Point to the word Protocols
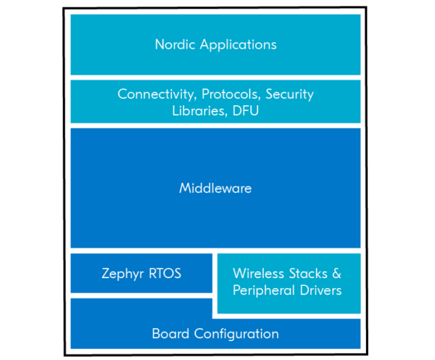click(x=231, y=94)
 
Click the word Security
click(x=291, y=94)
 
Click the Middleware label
click(x=215, y=189)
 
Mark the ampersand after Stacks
click(x=336, y=274)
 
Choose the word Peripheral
click(x=262, y=290)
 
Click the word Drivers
click(x=318, y=290)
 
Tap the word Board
click(x=170, y=334)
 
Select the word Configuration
click(x=234, y=334)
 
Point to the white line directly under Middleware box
click(x=215, y=250)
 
